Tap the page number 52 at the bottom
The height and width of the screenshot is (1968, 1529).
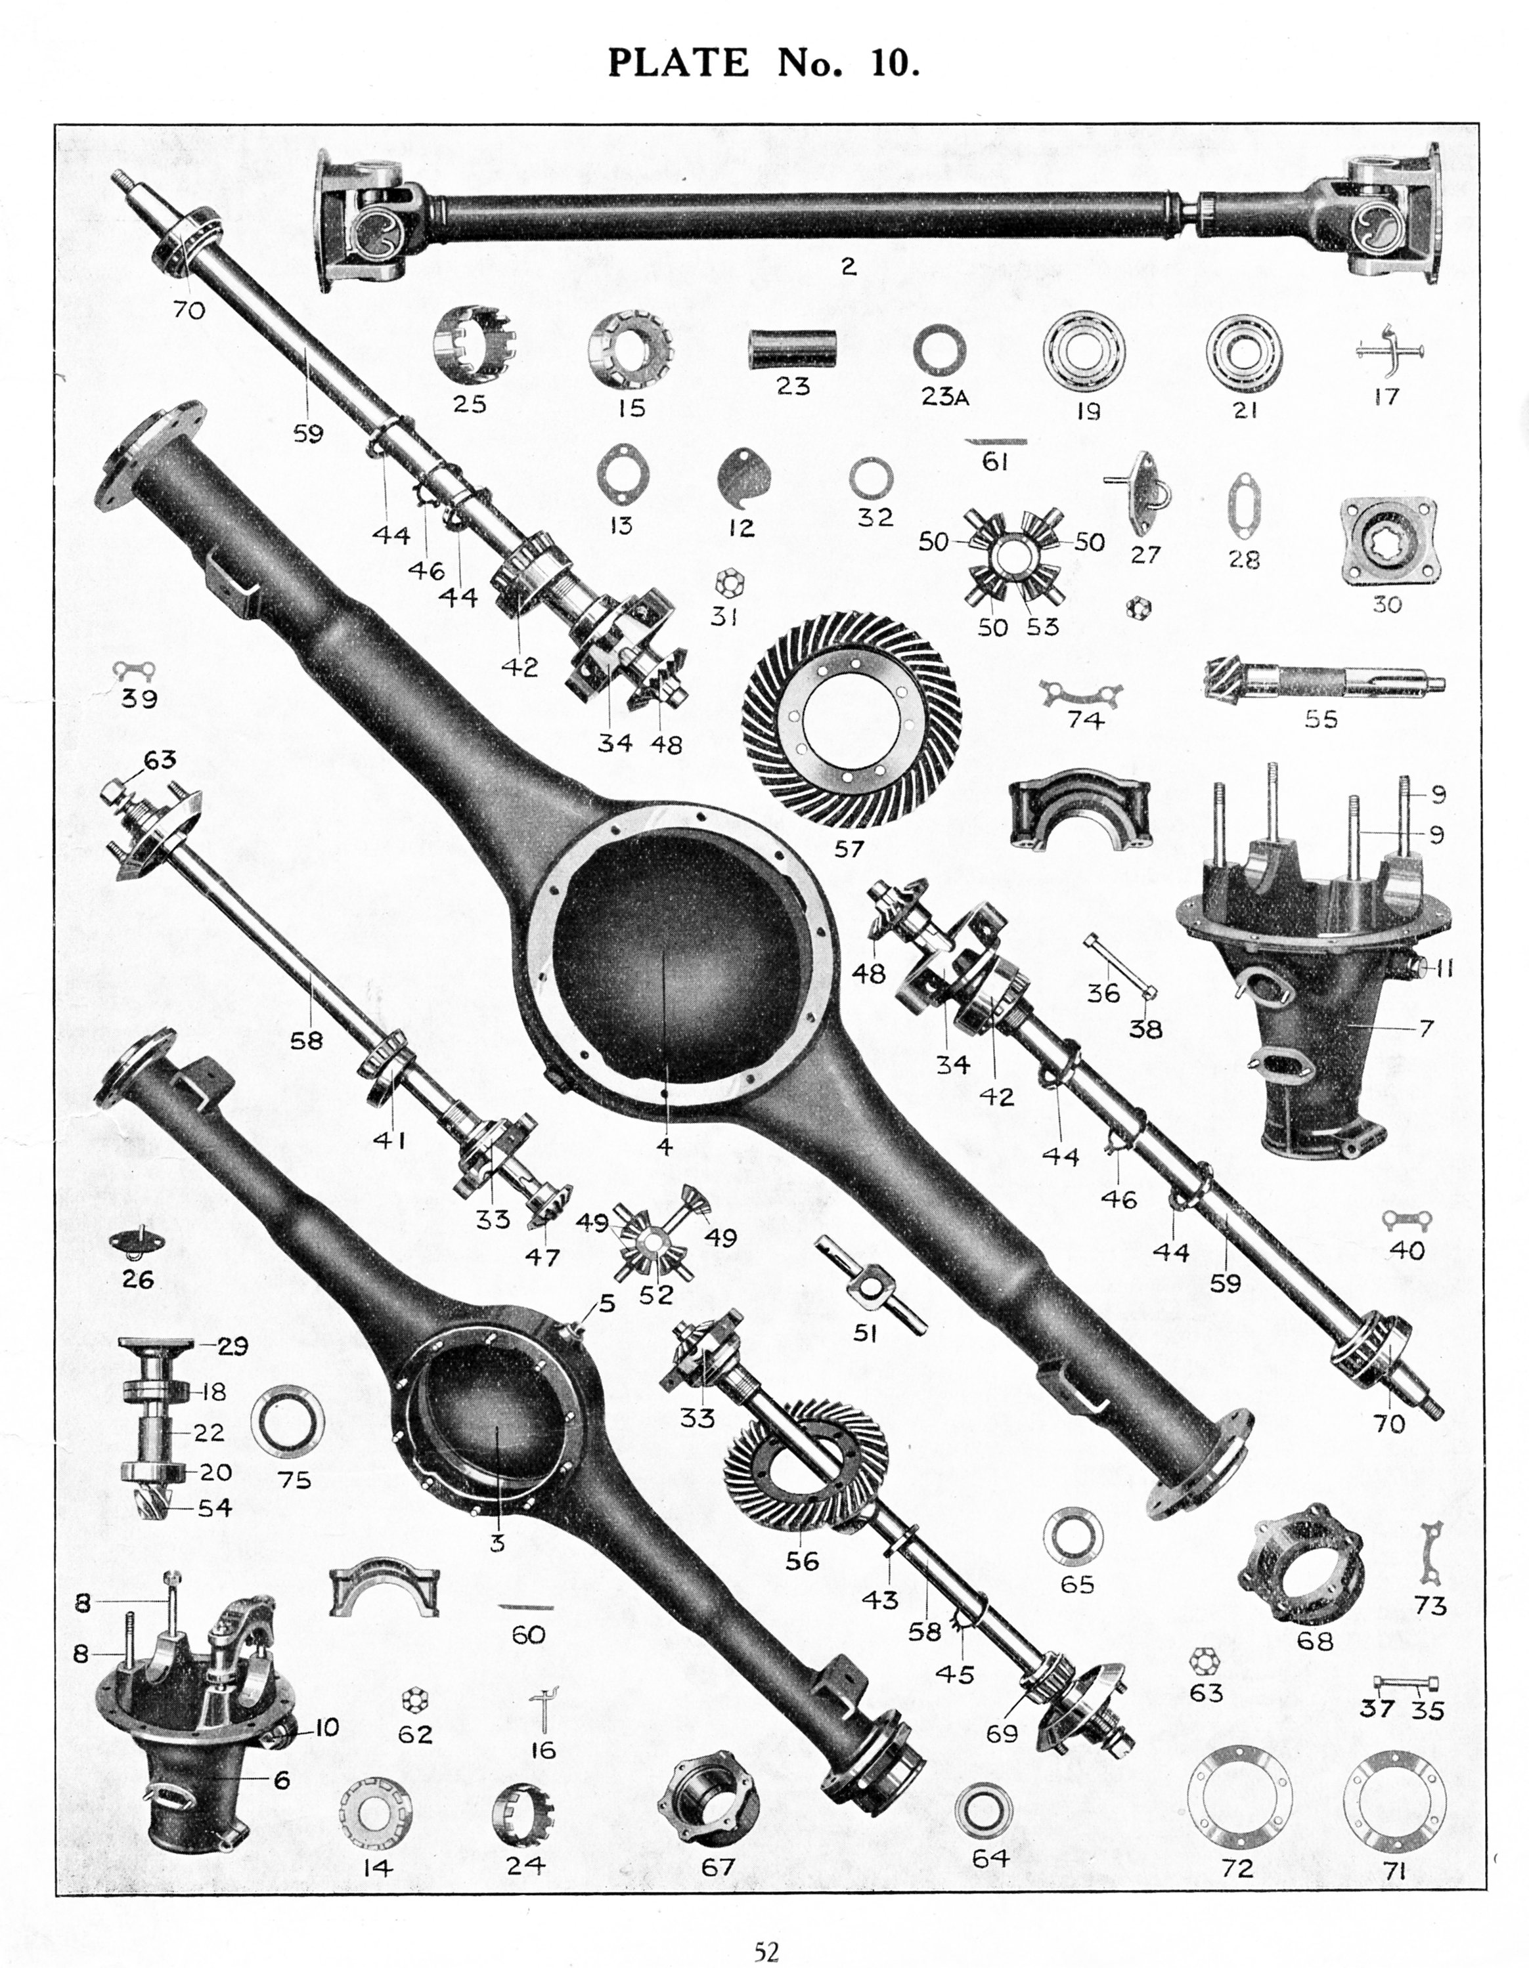click(766, 1944)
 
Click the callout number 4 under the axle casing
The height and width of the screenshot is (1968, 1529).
click(665, 1146)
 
